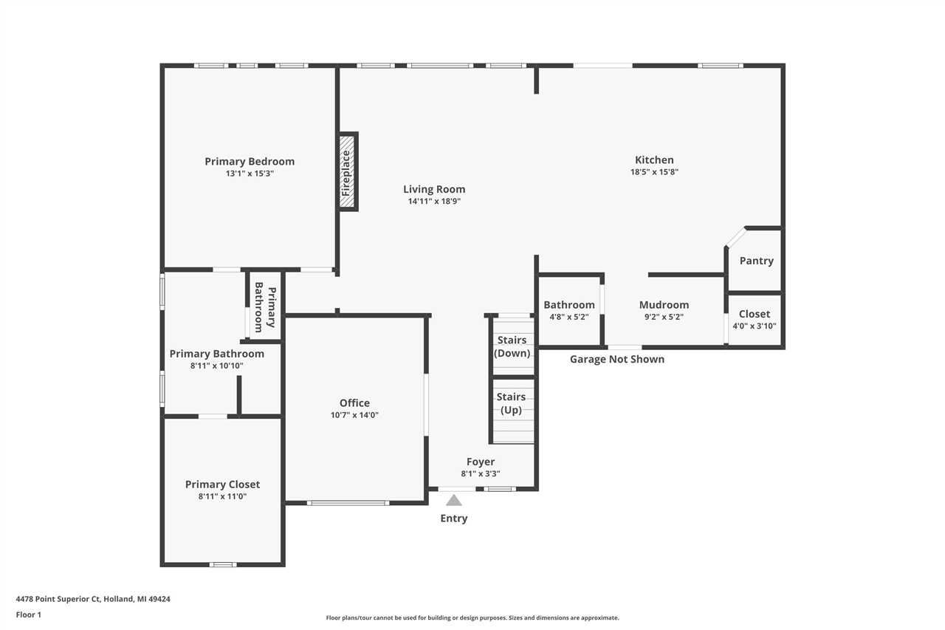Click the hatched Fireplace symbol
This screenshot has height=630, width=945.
click(x=346, y=172)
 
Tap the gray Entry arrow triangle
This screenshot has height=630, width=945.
click(x=454, y=501)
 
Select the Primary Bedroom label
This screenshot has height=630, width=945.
click(x=250, y=162)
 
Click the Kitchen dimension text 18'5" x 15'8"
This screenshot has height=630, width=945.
click(x=654, y=172)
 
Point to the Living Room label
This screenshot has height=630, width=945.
click(x=434, y=189)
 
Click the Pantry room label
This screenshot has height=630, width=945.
click(x=756, y=261)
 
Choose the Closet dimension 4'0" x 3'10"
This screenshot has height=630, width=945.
click(x=754, y=326)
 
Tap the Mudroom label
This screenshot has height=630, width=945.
click(x=664, y=305)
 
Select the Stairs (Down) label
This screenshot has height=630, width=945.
click(x=512, y=346)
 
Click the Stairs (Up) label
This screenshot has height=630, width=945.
click(x=511, y=403)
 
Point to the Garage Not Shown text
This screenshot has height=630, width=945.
click(x=617, y=360)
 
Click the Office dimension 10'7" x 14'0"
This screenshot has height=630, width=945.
click(x=354, y=415)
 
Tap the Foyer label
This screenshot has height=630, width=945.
click(x=481, y=462)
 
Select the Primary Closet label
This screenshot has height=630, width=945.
click(x=222, y=485)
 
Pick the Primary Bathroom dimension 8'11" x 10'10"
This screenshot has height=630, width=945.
click(x=216, y=366)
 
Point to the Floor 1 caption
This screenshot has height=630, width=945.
click(x=29, y=614)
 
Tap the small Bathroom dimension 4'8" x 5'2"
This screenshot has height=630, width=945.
click(x=568, y=317)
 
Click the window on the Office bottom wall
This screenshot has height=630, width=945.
click(x=348, y=503)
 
